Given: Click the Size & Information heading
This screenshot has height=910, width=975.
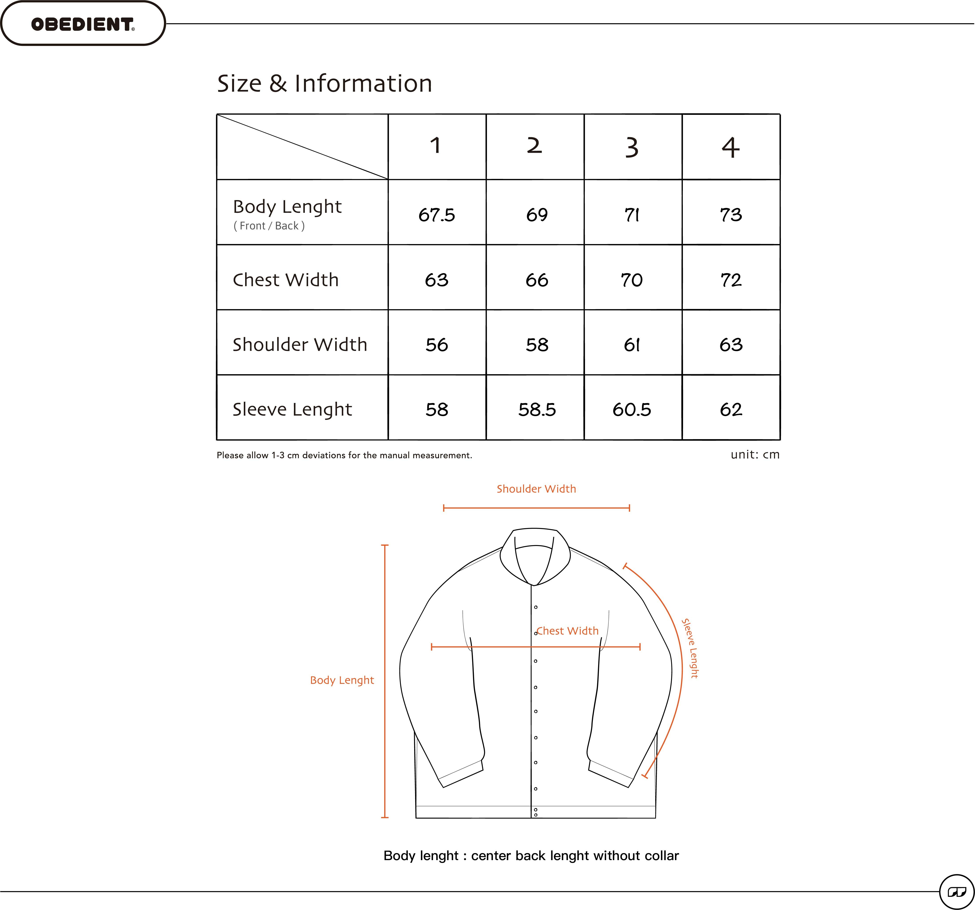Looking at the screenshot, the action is (x=325, y=83).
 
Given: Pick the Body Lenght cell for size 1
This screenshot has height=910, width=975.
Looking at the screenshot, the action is (x=437, y=215).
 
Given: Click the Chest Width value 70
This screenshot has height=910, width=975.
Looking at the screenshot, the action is (x=632, y=280).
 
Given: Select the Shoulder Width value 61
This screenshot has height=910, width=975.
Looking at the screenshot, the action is (x=632, y=344).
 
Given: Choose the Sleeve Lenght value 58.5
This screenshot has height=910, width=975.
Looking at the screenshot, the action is (x=537, y=409).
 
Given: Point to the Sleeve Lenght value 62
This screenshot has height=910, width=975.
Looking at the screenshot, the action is (x=731, y=409).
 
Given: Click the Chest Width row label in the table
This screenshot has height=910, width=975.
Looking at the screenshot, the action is (x=286, y=280).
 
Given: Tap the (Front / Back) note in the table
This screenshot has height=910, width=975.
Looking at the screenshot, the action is (x=269, y=226).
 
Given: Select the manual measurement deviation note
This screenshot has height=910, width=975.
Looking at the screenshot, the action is (x=344, y=455).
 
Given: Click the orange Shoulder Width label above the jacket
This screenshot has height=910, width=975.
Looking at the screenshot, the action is (x=536, y=489).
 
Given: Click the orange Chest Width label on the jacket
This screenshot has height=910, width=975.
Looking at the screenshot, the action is (x=567, y=631).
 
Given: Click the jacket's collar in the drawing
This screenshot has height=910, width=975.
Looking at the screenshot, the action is (x=535, y=554).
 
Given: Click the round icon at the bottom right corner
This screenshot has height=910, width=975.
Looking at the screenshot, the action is (x=956, y=892).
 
